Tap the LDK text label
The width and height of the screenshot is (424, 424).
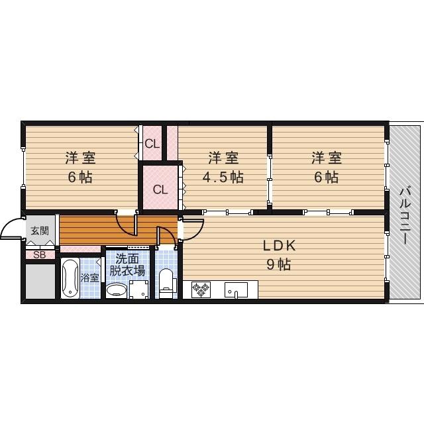point(278,246)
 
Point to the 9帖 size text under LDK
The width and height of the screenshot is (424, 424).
point(278,264)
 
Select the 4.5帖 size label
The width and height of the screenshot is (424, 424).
point(223,177)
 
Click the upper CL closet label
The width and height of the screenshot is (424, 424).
point(152,143)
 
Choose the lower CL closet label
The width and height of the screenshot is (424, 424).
point(160,189)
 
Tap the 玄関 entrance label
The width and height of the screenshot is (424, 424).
point(39,231)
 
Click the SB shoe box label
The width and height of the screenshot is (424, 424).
point(40,254)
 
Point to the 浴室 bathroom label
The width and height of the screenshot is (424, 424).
point(89,278)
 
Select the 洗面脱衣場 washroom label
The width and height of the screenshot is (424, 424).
point(127,264)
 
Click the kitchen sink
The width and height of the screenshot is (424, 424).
point(236,290)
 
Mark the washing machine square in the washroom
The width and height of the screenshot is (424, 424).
point(140,290)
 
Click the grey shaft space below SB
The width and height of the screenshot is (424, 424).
point(40,281)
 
